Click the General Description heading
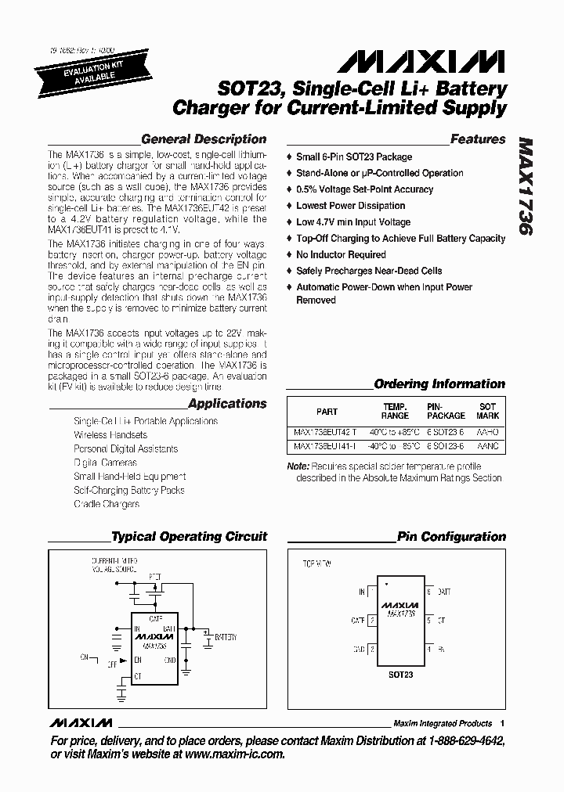tap(203, 139)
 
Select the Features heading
tap(478, 139)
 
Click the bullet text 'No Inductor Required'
tap(341, 254)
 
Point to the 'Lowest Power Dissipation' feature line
tap(350, 206)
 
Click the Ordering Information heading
tap(439, 384)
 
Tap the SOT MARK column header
tap(487, 411)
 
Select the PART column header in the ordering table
tap(327, 412)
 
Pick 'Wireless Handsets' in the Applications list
tap(110, 435)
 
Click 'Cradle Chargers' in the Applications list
tap(107, 504)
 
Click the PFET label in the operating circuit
tap(154, 577)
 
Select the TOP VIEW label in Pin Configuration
tap(317, 563)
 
